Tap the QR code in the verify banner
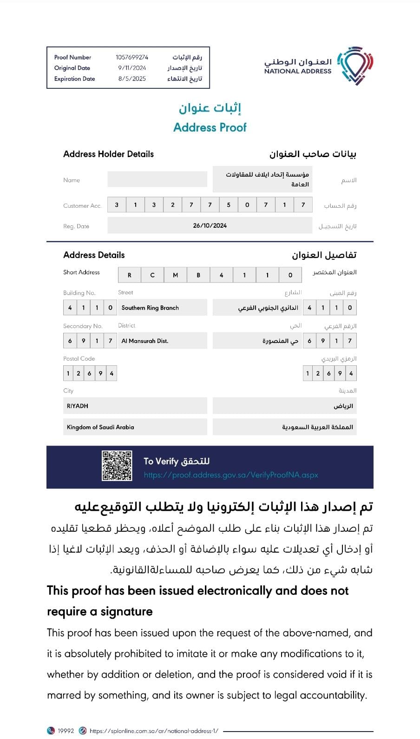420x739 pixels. [x=117, y=466]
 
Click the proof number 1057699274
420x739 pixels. [x=132, y=57]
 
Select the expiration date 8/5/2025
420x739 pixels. [x=132, y=79]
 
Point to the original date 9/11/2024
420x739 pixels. [x=132, y=68]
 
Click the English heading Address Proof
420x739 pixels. [x=210, y=127]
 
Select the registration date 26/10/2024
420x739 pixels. [x=210, y=225]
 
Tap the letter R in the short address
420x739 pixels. [x=130, y=275]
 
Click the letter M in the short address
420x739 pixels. [x=176, y=275]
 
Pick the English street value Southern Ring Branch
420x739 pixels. [x=150, y=308]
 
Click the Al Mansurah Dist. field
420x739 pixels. [x=145, y=341]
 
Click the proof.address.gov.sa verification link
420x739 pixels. [x=231, y=475]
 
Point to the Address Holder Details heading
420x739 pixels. [x=108, y=154]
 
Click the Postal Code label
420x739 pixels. [x=79, y=359]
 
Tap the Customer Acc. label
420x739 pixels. [x=82, y=205]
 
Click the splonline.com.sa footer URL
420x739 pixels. [x=154, y=731]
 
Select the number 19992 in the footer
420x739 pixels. [x=66, y=731]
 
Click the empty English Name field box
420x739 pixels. [x=157, y=179]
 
